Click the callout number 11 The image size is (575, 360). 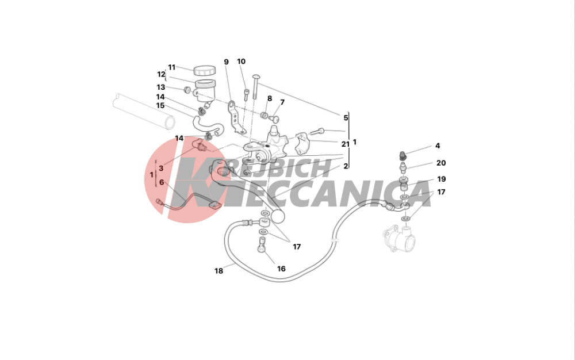(172, 67)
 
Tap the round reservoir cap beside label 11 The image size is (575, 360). (204, 70)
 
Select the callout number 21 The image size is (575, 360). (346, 144)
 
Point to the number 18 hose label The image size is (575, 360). (218, 271)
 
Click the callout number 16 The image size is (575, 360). (281, 269)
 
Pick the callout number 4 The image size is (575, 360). (438, 146)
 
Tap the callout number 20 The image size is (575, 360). (441, 163)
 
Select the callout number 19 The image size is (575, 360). (442, 179)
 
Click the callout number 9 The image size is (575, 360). (226, 62)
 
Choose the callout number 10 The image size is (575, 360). (241, 61)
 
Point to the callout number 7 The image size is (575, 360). (282, 102)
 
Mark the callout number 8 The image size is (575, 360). (270, 98)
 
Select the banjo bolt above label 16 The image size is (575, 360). (261, 245)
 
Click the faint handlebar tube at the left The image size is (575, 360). (144, 111)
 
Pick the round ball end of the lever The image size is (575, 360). (278, 216)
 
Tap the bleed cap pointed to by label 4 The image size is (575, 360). (402, 156)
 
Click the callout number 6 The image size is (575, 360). (162, 182)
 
